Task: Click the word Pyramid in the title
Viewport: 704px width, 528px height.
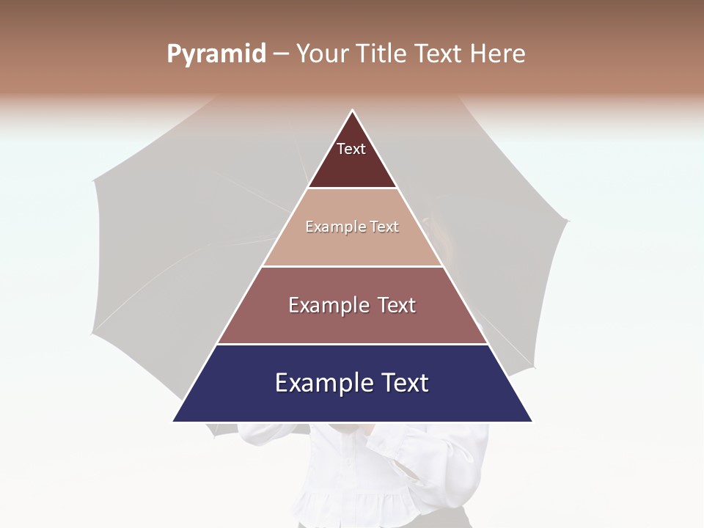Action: pyautogui.click(x=216, y=54)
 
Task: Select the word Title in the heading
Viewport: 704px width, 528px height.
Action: pyautogui.click(x=382, y=54)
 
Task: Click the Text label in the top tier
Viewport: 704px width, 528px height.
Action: pyautogui.click(x=351, y=149)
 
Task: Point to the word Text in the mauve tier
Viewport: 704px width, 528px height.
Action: pyautogui.click(x=396, y=305)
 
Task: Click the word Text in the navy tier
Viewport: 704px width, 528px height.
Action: pyautogui.click(x=406, y=383)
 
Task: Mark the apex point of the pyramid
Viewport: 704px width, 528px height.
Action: pyautogui.click(x=353, y=111)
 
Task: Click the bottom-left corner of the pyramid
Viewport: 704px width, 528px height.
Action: pyautogui.click(x=174, y=421)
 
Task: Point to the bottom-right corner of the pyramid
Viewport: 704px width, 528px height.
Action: pyautogui.click(x=532, y=421)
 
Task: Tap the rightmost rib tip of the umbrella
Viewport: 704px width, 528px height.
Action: pyautogui.click(x=568, y=220)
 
